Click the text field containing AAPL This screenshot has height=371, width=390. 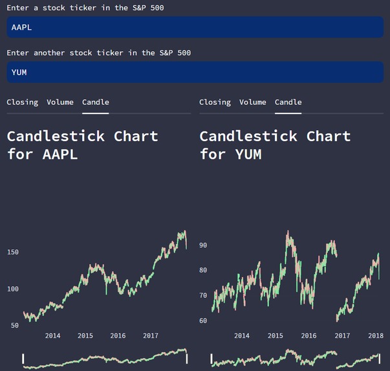click(194, 27)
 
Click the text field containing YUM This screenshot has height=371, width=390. click(194, 72)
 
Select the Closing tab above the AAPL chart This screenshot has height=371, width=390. click(22, 102)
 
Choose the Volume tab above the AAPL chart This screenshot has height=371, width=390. click(60, 102)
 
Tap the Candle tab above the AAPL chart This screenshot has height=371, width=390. click(95, 102)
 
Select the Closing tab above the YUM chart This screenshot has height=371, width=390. click(215, 102)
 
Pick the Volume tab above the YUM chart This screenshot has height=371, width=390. click(252, 102)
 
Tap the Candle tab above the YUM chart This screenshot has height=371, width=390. click(288, 102)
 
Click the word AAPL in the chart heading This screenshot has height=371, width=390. click(60, 154)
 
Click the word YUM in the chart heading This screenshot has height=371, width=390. click(248, 154)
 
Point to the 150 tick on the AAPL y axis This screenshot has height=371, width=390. click(13, 252)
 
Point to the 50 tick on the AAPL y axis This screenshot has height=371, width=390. click(15, 325)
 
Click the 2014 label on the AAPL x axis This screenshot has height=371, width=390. click(52, 335)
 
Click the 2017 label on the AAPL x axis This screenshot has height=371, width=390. click(151, 335)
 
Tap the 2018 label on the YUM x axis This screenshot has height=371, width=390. click(376, 335)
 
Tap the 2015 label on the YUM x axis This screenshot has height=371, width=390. click(275, 335)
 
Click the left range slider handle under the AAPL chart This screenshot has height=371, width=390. click(23, 358)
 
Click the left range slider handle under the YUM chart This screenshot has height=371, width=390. click(211, 358)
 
